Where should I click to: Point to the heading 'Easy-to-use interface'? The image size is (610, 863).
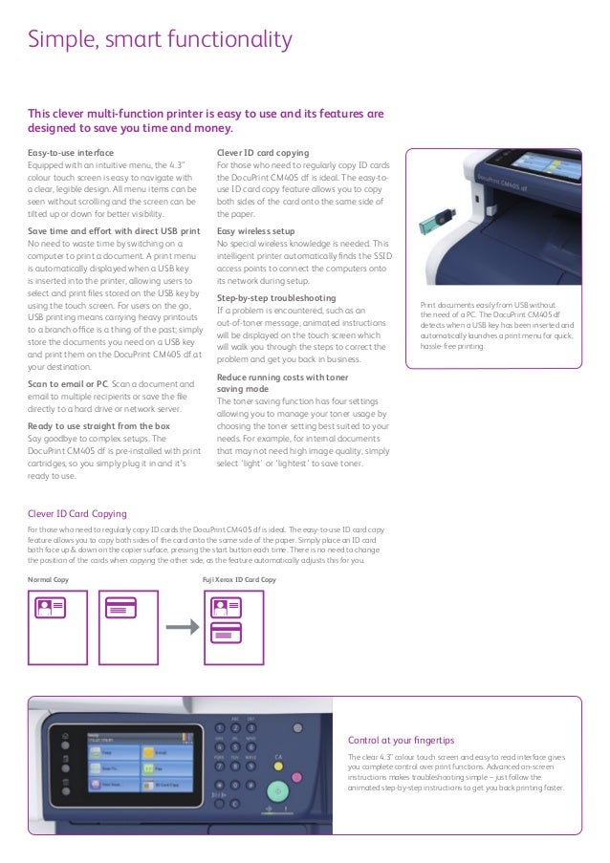click(x=71, y=152)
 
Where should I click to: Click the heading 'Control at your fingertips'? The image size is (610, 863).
click(x=402, y=740)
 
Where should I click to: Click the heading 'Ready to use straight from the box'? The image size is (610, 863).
click(x=99, y=425)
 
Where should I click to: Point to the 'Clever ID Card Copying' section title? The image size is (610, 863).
click(x=76, y=513)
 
